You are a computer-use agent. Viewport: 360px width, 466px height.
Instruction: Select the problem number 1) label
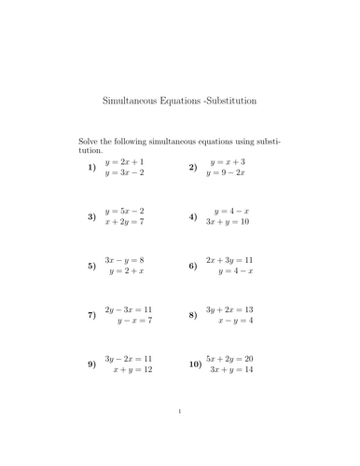[x=91, y=168]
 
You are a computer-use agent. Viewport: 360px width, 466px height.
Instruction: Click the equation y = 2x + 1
[x=126, y=161]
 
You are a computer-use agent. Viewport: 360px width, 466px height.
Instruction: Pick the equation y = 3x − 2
[x=126, y=173]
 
